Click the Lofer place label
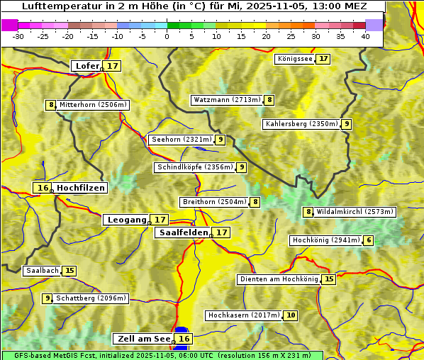[x=87, y=66]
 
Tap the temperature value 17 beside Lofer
[x=113, y=66]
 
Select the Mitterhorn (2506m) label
[x=93, y=105]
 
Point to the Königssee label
[x=295, y=59]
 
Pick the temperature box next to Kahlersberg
[x=347, y=124]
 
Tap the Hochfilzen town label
[x=81, y=188]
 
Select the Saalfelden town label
[x=184, y=232]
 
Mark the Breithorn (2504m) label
[x=214, y=202]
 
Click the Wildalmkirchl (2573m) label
[x=355, y=211]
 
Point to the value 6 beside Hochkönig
[x=368, y=240]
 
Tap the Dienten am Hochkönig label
[x=279, y=279]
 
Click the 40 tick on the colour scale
[x=365, y=37]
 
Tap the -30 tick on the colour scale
[x=18, y=37]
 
